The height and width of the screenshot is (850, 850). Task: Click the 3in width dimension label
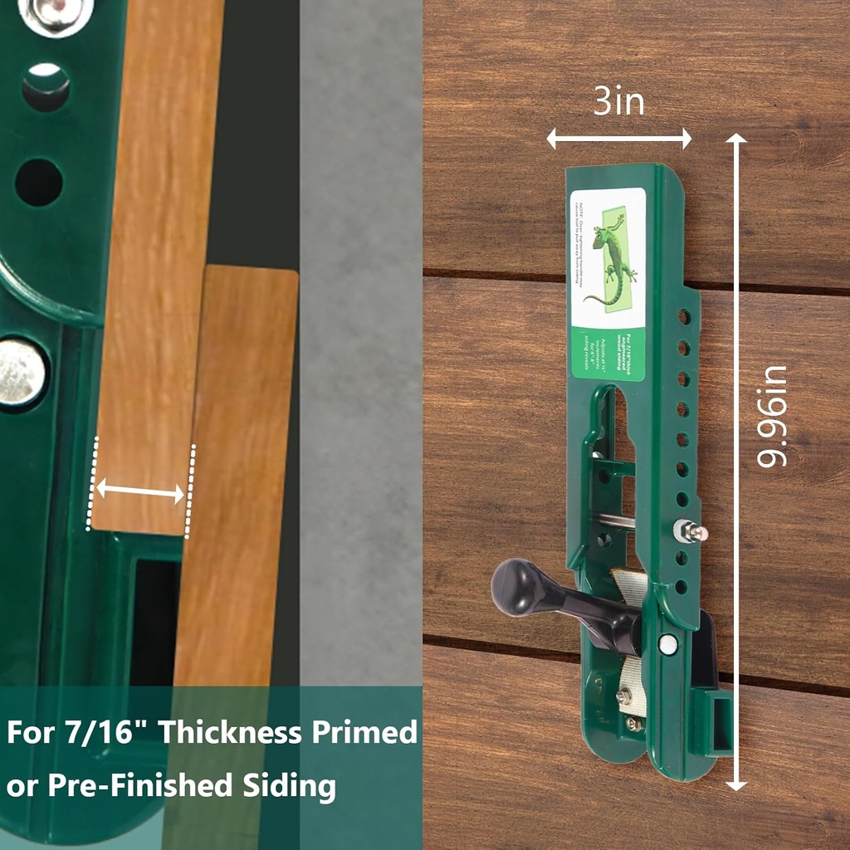618,101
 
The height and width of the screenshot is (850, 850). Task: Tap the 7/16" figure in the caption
108,733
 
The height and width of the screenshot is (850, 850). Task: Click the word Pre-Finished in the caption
144,784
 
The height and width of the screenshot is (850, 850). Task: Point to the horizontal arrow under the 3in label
618,139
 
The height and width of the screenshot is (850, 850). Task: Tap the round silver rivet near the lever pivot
667,643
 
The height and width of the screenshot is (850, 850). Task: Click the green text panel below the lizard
608,354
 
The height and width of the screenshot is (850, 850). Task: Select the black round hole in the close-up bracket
38,182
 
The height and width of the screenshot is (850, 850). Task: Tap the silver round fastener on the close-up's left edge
20,373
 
